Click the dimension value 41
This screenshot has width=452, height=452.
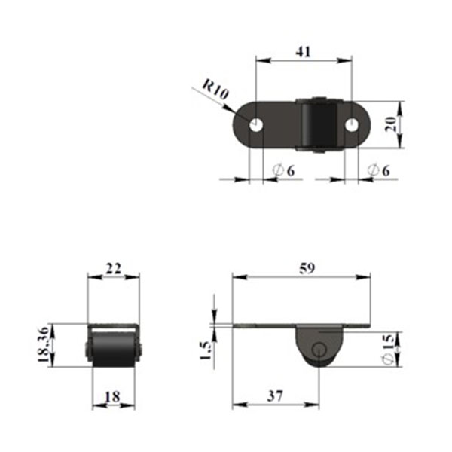point(304,52)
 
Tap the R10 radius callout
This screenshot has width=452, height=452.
point(215,89)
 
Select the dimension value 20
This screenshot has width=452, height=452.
point(391,124)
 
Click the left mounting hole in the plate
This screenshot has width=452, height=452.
point(256,125)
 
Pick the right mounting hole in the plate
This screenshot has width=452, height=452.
point(352,125)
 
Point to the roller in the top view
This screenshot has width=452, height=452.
point(319,125)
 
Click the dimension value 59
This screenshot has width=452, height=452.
point(307,268)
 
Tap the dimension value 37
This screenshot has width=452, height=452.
point(275,396)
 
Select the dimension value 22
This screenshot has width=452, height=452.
point(114,269)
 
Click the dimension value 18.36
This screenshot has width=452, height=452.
point(44,344)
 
